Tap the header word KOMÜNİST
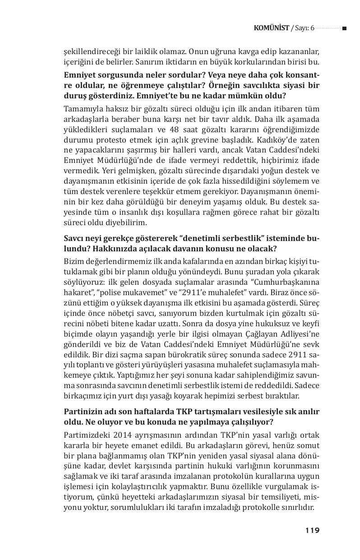click(x=271, y=28)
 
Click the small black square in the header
click(x=344, y=28)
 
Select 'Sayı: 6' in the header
click(x=305, y=28)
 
